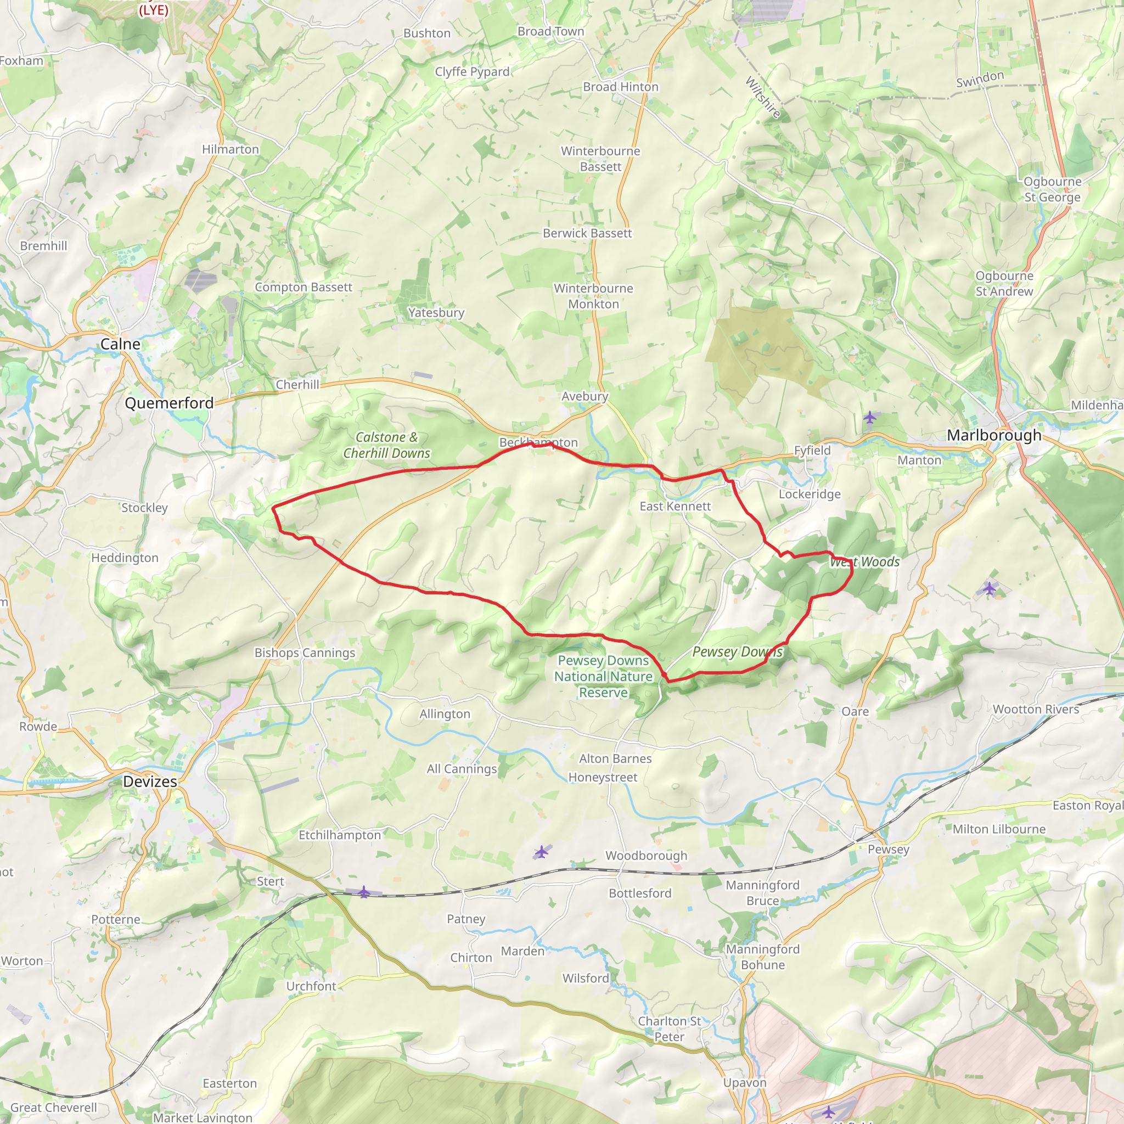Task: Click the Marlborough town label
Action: (994, 435)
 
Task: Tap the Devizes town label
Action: (149, 782)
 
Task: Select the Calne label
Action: (120, 344)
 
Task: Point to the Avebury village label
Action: (585, 396)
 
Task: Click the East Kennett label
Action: (675, 506)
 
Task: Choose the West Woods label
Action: (864, 561)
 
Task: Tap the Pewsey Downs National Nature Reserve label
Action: (603, 676)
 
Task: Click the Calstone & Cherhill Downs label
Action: (386, 445)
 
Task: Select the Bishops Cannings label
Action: (304, 653)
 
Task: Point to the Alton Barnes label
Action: (615, 758)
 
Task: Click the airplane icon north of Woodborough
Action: (541, 852)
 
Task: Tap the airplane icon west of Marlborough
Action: (869, 417)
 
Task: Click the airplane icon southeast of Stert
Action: (364, 891)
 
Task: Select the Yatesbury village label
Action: (436, 312)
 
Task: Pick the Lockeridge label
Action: (810, 494)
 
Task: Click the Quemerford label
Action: (169, 403)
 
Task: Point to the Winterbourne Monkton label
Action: (593, 296)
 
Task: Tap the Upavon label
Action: (744, 1083)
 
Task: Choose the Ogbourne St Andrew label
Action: (1004, 283)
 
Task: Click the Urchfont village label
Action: (311, 986)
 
